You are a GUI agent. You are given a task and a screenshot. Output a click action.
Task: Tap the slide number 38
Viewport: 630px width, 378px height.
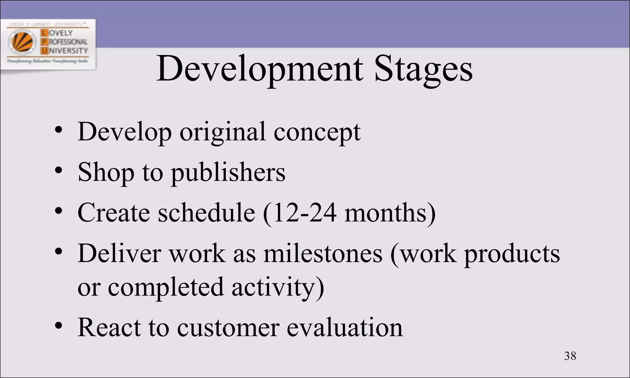click(570, 356)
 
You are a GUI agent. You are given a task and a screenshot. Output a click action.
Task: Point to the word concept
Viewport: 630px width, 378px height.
click(317, 132)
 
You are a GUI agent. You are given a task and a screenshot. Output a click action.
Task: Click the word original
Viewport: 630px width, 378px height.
click(222, 132)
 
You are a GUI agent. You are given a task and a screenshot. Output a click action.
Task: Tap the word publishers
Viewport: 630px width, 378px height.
click(228, 173)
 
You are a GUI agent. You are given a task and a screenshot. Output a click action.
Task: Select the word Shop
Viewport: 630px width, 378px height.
click(106, 173)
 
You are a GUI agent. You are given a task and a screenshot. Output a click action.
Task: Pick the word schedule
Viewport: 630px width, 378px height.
click(206, 213)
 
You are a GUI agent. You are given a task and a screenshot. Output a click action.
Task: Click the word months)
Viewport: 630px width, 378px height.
click(390, 213)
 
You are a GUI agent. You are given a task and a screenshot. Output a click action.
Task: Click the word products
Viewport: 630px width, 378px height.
click(512, 254)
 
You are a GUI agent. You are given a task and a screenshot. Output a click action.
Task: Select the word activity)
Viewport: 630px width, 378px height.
click(278, 288)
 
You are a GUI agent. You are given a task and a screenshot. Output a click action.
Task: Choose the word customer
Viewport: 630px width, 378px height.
click(228, 328)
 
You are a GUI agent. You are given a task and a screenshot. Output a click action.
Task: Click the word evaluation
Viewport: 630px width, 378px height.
click(345, 327)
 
